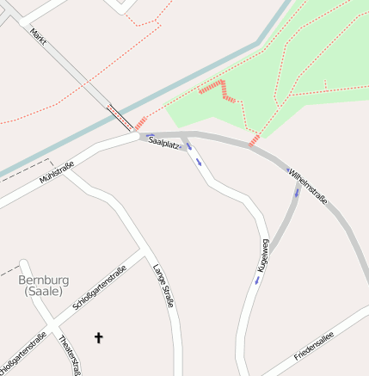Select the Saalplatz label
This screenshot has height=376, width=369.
[x=163, y=142]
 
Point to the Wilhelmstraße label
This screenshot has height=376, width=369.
[x=308, y=186]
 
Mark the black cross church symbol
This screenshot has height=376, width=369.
[x=98, y=338]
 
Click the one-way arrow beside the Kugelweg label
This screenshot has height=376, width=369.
[x=256, y=280]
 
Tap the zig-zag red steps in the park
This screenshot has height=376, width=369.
[x=218, y=90]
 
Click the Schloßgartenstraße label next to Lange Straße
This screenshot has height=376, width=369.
[x=101, y=290]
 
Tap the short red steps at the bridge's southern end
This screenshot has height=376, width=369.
[x=140, y=123]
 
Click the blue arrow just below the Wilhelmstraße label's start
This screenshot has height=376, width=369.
[x=297, y=191]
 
